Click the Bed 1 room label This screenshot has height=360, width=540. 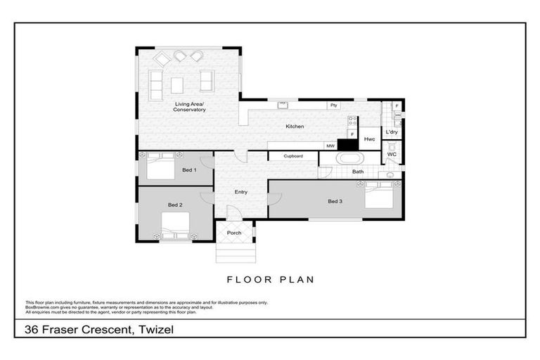pos(188,170)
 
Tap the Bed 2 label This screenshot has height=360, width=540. pos(175,205)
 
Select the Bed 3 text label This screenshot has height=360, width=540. pos(335,201)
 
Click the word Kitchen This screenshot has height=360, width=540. pos(294,127)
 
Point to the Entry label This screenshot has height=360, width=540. pos(240,191)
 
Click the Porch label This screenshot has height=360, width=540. pos(234,233)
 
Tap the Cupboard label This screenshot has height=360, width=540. pos(293,156)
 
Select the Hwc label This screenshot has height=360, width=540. pos(369,139)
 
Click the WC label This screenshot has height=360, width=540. pos(392,154)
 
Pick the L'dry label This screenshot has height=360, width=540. pos(392,132)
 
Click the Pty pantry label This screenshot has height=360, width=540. pos(333,105)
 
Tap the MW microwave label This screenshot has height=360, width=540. pos(329,146)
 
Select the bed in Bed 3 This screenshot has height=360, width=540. pos(381,194)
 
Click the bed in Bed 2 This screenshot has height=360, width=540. pos(176,226)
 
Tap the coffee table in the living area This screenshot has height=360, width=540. pos(177,84)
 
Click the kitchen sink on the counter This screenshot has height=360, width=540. pos(283,105)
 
